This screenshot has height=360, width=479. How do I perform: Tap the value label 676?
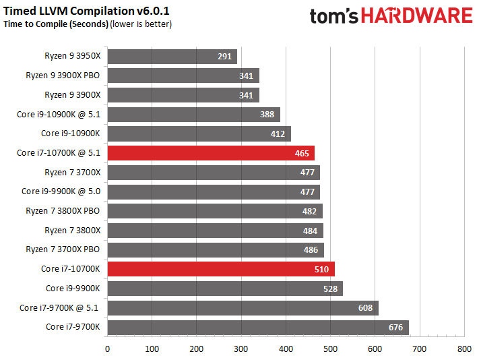point(396,328)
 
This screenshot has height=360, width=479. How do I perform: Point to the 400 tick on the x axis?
point(286,349)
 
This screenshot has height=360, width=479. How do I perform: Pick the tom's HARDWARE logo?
point(391,16)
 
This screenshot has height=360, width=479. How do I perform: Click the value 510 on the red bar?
point(321,270)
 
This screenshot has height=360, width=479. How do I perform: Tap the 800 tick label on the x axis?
point(464,349)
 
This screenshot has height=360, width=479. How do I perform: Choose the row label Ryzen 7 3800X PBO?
point(63,211)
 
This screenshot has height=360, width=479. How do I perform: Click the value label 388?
point(267,115)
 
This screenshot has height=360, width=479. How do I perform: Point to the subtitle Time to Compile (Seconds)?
point(56,24)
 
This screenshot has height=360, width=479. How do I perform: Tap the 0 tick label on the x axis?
point(107,349)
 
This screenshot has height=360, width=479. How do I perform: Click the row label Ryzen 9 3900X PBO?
point(63,76)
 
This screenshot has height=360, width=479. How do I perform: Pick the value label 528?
point(329,289)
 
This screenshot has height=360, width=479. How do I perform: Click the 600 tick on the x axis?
point(375,349)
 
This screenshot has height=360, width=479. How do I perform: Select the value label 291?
point(225,57)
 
